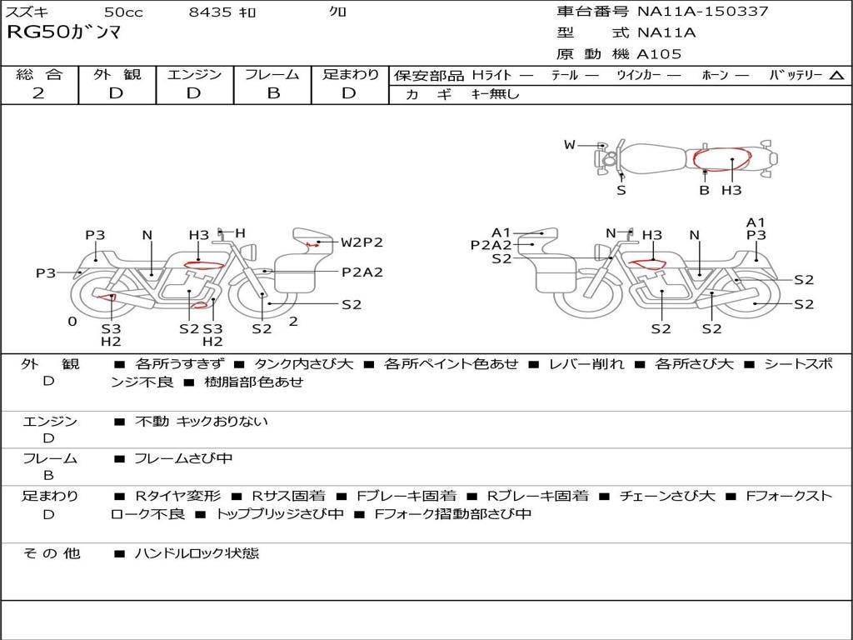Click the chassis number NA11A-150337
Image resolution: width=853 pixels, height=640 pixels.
[x=703, y=11]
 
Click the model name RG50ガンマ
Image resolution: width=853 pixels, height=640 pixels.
[x=63, y=32]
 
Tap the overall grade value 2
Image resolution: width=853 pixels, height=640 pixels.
[x=38, y=93]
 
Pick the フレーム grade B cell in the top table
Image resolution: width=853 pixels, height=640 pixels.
[x=273, y=93]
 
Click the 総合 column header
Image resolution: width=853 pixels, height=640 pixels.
[x=39, y=74]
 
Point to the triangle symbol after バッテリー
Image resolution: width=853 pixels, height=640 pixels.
[x=836, y=76]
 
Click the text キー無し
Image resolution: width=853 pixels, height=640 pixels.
[x=495, y=93]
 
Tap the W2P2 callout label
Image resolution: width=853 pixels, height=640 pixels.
[x=362, y=242]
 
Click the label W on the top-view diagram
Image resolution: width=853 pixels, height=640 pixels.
[x=570, y=145]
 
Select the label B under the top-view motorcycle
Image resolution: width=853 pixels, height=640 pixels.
[x=704, y=190]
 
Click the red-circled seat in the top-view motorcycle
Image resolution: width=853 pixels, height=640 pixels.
[x=722, y=159]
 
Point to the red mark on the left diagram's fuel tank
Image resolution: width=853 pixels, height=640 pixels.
[x=204, y=266]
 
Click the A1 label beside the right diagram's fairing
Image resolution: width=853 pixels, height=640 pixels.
[x=501, y=233]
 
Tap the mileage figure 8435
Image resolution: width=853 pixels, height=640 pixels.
[x=210, y=12]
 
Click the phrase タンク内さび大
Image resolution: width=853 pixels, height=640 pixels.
[x=303, y=363]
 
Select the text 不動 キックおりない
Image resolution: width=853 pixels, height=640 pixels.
[x=202, y=421]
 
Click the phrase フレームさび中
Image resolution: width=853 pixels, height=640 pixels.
[x=183, y=458]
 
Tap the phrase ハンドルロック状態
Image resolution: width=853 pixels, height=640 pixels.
[x=197, y=553]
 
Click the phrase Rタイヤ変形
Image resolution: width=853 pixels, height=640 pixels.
[x=178, y=496]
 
